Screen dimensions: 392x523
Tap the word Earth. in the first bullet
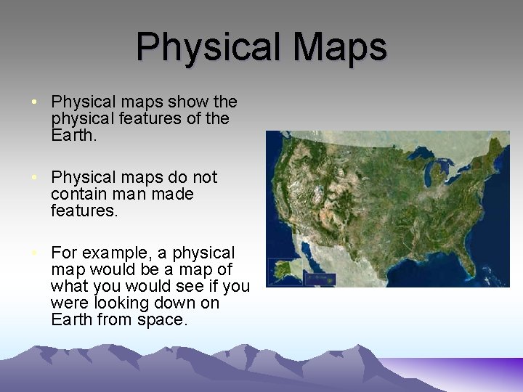[x=73, y=135]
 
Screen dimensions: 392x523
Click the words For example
[x=101, y=253]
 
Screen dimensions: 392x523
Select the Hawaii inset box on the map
[x=320, y=277]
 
